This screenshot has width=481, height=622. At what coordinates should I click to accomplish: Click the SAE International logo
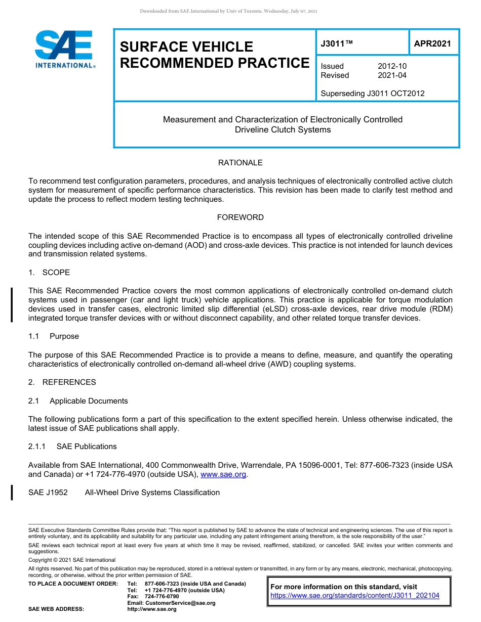64,49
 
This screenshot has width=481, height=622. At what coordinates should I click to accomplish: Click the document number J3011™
336,43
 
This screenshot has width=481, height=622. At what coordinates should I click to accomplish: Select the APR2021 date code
432,43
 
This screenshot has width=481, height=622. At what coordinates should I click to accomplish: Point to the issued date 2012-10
392,66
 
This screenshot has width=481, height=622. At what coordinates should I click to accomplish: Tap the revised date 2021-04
392,75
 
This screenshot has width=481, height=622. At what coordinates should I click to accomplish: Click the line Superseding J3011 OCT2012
372,94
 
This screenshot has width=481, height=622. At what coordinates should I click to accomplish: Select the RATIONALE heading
240,163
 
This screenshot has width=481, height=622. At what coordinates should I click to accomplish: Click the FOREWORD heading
240,217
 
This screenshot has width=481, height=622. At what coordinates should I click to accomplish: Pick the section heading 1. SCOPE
49,273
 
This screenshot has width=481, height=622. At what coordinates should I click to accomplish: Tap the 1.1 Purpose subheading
54,336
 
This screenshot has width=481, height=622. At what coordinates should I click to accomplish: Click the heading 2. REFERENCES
62,382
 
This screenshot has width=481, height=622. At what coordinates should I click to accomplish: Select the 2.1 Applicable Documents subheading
78,401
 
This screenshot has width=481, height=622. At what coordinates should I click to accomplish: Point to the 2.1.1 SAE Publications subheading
72,447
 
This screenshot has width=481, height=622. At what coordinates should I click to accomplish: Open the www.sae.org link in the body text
223,474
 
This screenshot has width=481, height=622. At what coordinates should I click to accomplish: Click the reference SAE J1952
48,493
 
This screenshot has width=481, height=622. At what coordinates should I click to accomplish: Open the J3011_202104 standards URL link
355,596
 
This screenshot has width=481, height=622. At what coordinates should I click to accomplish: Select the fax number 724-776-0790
161,597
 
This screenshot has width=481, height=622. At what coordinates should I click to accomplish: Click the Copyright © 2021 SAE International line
72,560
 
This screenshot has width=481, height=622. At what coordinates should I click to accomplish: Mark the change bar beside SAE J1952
12,492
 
